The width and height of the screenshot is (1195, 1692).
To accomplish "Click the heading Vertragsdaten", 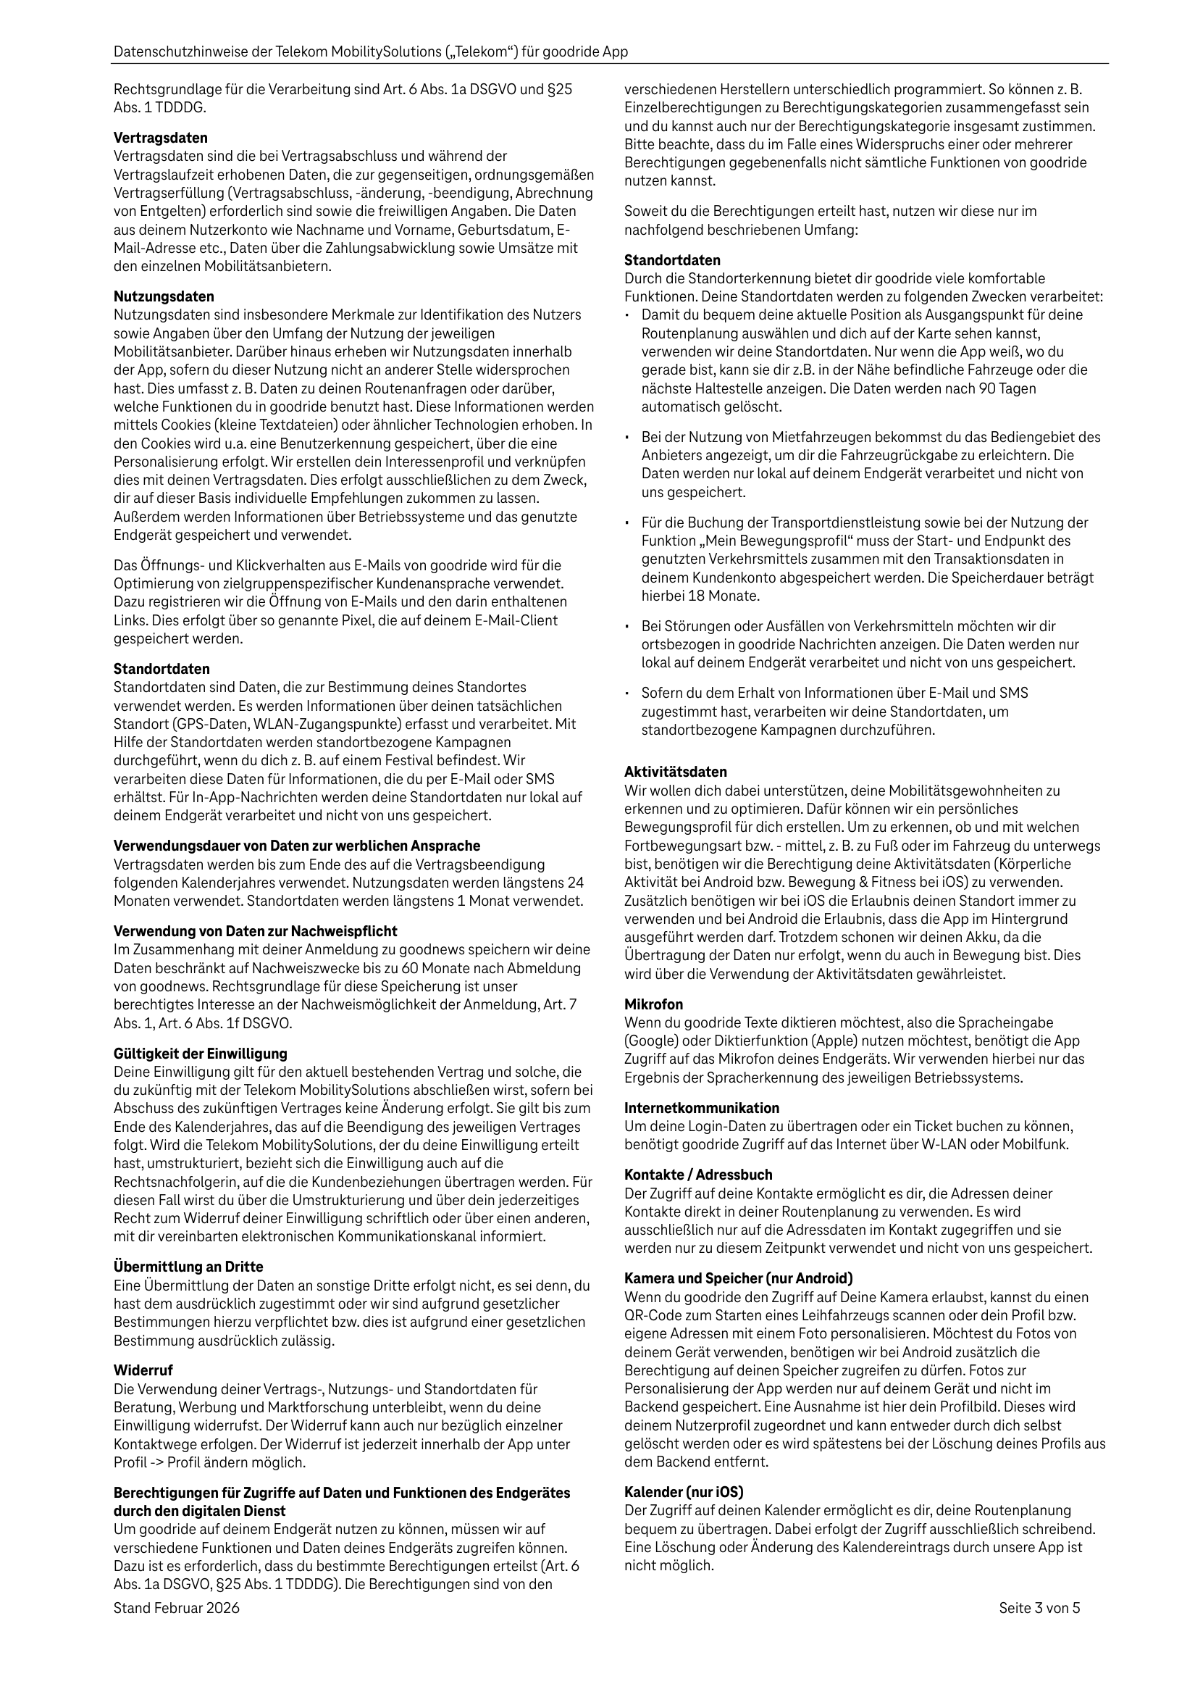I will point(161,138).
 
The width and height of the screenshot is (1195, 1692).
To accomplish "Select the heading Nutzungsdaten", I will point(164,296).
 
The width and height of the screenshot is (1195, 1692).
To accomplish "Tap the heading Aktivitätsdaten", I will point(676,772).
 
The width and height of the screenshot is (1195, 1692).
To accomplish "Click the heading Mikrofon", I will point(653,1004).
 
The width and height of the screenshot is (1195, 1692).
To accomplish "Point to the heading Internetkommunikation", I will point(701,1108).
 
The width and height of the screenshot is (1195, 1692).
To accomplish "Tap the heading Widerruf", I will point(143,1370).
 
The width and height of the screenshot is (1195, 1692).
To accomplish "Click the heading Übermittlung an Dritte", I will point(188,1266).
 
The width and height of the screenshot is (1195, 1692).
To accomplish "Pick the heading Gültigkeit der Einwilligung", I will point(201,1053).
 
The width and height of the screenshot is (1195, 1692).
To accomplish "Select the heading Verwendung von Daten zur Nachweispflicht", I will point(256,930).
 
